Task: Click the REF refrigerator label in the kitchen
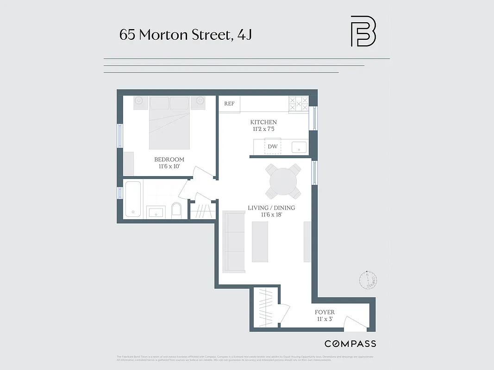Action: [x=229, y=104]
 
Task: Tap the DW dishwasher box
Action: [x=273, y=147]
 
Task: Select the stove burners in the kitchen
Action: [x=298, y=104]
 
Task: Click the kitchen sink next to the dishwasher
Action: [x=299, y=148]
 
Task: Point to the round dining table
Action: [x=283, y=181]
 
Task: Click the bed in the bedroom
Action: [x=169, y=123]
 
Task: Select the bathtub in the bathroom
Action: [x=133, y=199]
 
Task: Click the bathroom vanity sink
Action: [x=156, y=213]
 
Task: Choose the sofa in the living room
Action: [x=234, y=241]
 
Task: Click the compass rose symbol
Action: [x=369, y=280]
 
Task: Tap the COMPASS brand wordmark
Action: [x=350, y=344]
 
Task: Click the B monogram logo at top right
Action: [x=363, y=31]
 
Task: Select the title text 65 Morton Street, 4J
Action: [x=185, y=35]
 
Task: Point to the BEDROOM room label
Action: [x=169, y=160]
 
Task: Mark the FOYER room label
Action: [x=325, y=312]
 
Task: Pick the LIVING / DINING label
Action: [x=271, y=208]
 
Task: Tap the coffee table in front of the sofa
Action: [x=260, y=241]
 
